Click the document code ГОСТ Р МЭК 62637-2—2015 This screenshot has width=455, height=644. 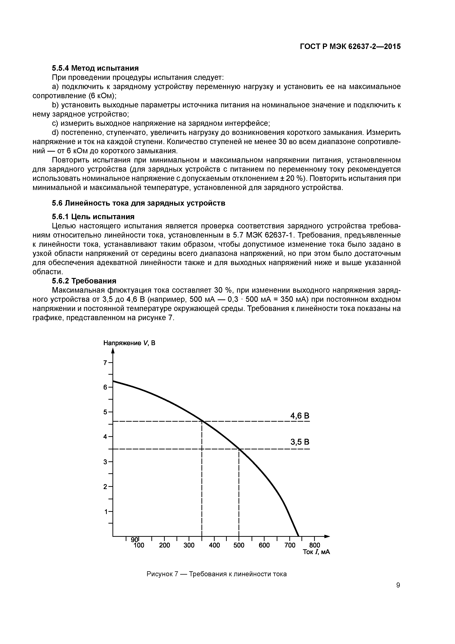pyautogui.click(x=350, y=47)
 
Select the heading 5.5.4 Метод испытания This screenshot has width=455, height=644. pyautogui.click(x=95, y=68)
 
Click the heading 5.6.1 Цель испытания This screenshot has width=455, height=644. pyautogui.click(x=93, y=217)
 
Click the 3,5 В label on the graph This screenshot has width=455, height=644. pyautogui.click(x=300, y=442)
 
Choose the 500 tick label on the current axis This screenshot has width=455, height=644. pyautogui.click(x=239, y=545)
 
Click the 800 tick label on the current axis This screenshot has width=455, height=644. pyautogui.click(x=314, y=545)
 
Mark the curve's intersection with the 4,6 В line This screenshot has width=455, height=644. pyautogui.click(x=202, y=421)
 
